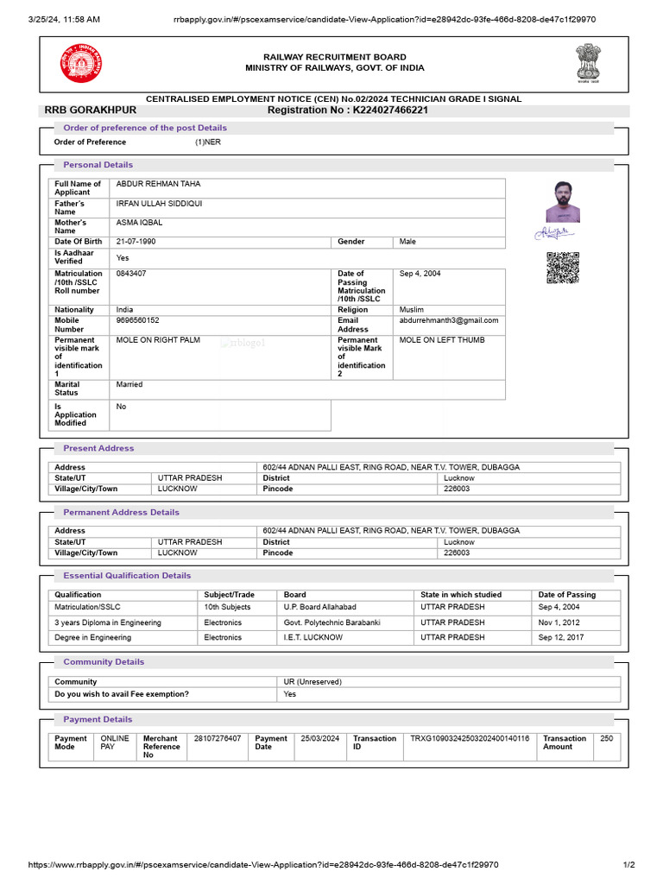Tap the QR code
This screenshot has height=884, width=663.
[x=563, y=268]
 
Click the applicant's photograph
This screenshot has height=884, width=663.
[x=563, y=202]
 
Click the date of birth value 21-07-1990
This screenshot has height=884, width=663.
[x=136, y=242]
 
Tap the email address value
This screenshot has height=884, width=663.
[x=449, y=320]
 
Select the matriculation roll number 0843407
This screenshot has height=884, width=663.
[x=131, y=274]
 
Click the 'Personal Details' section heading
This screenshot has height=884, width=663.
[x=98, y=165]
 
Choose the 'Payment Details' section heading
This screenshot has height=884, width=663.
[x=98, y=719]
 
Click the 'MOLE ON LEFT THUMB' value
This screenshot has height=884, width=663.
[x=442, y=340]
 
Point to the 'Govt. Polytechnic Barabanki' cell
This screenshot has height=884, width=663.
[x=332, y=622]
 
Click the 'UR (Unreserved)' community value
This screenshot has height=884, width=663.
[x=313, y=682]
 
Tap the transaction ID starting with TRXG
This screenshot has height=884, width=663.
[x=470, y=739]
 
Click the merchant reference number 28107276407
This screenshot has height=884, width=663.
[x=218, y=739]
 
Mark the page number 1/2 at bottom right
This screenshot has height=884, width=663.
[x=628, y=865]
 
